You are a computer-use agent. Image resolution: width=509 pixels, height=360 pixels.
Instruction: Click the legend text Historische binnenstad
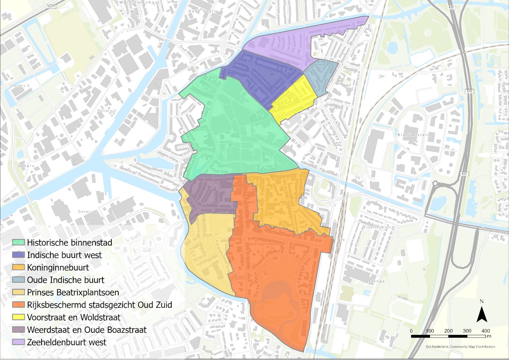click(69, 243)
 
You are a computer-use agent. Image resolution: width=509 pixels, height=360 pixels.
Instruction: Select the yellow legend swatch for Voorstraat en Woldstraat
click(18, 317)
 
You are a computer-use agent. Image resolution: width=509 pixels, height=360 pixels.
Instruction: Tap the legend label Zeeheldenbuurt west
click(67, 342)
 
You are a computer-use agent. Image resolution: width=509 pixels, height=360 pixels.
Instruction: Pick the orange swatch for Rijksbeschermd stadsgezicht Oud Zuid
click(18, 305)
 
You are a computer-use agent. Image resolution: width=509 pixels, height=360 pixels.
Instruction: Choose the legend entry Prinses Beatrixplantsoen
click(73, 293)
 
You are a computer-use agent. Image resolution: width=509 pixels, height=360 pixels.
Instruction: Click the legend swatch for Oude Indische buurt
click(18, 280)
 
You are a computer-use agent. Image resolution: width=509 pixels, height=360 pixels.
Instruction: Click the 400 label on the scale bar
click(485, 331)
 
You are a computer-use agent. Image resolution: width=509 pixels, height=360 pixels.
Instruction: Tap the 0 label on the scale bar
click(411, 331)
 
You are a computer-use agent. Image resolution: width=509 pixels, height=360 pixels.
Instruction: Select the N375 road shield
click(51, 6)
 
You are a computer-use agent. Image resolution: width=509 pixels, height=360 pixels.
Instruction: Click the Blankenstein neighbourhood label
click(413, 135)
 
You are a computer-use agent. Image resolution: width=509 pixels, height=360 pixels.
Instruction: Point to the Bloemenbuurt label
click(378, 227)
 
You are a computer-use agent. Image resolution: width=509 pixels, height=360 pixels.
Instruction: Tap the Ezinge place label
click(377, 281)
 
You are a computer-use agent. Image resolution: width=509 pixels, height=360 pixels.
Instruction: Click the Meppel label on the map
click(278, 177)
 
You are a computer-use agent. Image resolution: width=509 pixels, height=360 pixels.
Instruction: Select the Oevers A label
click(87, 212)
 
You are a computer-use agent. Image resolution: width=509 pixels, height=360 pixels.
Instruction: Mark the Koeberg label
click(170, 318)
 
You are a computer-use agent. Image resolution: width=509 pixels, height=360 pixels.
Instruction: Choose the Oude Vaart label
click(202, 11)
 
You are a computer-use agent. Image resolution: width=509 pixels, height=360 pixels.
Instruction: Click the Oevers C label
click(107, 111)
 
